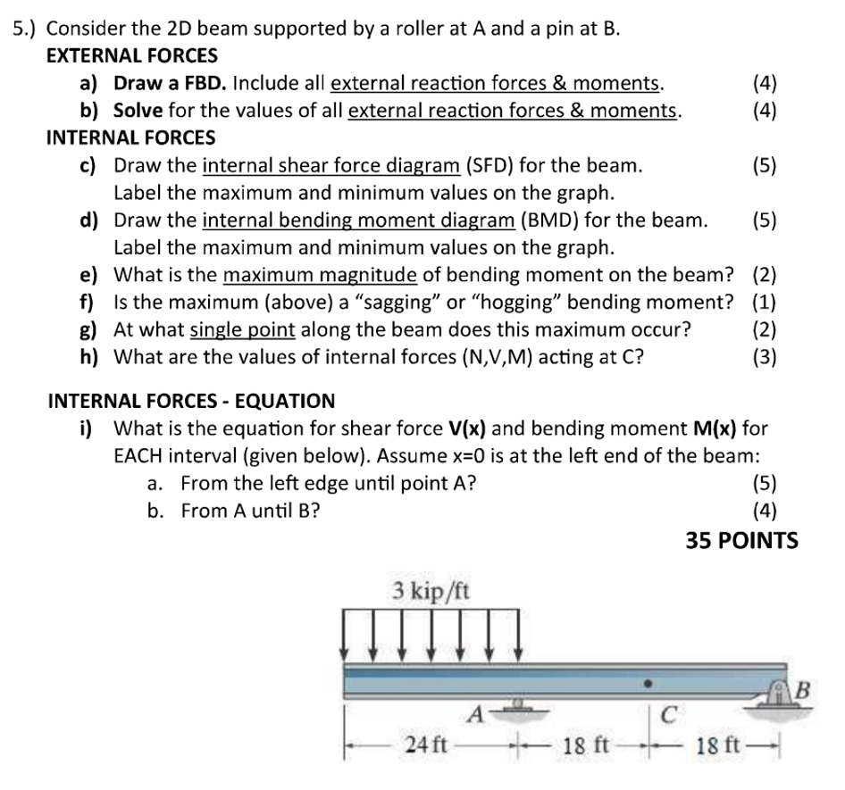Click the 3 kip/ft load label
coord(431,590)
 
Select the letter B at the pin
coord(801,690)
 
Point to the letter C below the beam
coord(669,715)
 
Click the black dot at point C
coord(649,686)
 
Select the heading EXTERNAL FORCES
coord(131,55)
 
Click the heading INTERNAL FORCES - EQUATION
coord(190,401)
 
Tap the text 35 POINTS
coord(741,540)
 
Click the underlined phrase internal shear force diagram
coord(331,166)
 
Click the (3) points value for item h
coord(765,357)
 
